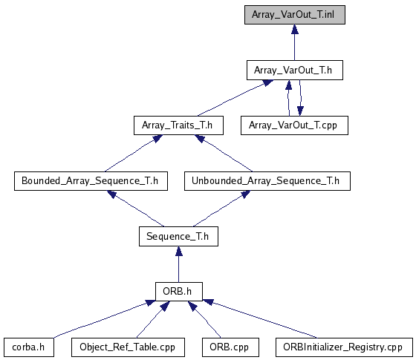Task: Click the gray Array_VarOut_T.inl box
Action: coord(295,15)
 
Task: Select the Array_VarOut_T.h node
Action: coord(295,71)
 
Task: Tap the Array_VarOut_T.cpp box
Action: coord(294,125)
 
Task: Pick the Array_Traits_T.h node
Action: coord(178,125)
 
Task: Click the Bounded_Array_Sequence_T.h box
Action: coord(91,181)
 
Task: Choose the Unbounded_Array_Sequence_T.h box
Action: coord(267,181)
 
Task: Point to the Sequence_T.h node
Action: coord(178,237)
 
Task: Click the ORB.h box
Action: coord(179,292)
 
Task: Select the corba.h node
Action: coord(29,347)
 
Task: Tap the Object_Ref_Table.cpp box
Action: coord(128,347)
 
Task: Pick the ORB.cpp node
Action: coord(230,347)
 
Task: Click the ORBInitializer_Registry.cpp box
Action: coord(344,347)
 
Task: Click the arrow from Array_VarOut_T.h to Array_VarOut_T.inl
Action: coord(294,43)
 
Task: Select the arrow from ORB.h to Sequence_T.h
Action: coord(179,264)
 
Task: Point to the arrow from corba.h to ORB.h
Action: coord(103,319)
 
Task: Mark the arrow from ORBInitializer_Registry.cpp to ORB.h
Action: coord(260,319)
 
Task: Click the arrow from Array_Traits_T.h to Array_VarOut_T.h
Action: coord(235,98)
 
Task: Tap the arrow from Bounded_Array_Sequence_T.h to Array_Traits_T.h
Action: coord(134,154)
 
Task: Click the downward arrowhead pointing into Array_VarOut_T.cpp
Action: coord(300,111)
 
